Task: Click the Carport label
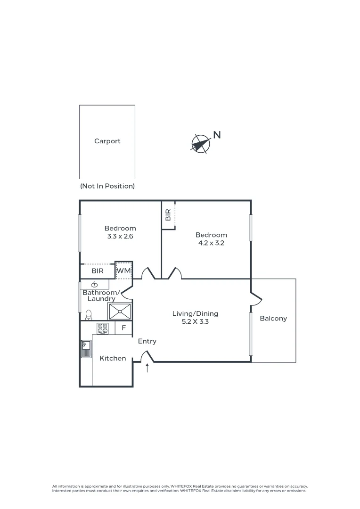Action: (107, 141)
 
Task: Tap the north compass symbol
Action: (200, 143)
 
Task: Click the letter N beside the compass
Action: (217, 135)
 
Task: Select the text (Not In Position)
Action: (107, 186)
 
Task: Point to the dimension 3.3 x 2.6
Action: (120, 237)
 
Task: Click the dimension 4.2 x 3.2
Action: (211, 243)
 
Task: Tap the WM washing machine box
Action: (123, 271)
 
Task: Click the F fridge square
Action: (124, 328)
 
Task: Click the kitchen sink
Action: (86, 349)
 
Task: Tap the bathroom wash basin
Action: (94, 284)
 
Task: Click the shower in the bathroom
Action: (120, 312)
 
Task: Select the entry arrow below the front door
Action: (147, 368)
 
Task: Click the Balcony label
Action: (273, 319)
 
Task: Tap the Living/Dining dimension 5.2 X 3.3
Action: (195, 322)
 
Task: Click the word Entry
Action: (147, 341)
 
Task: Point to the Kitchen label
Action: (113, 358)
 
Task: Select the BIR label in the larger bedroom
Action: (168, 215)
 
